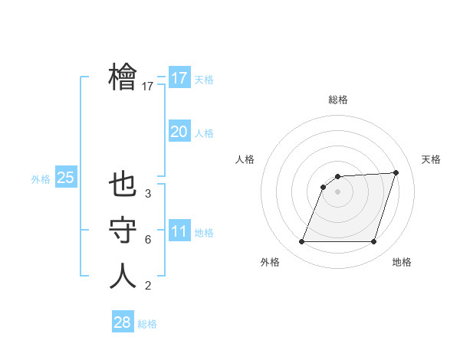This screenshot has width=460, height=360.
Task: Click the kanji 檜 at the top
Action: point(123,77)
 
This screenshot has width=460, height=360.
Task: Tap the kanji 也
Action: point(123,185)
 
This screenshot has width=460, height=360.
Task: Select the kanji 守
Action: point(123,231)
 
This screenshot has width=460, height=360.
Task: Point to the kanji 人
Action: point(123,276)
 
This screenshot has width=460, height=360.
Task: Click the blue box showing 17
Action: point(179,78)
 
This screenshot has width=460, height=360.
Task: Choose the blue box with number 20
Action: point(179,132)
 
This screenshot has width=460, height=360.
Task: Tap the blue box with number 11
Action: point(179,231)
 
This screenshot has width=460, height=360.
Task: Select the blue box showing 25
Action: point(66,178)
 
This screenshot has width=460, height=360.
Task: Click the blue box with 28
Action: point(122,322)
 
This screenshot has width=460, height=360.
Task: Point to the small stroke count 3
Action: point(148,194)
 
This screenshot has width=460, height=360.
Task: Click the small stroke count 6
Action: point(148,240)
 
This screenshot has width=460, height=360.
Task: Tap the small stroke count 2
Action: point(148,286)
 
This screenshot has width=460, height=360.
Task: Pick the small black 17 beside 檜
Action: point(148,87)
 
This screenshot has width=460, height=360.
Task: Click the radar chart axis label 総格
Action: point(337,100)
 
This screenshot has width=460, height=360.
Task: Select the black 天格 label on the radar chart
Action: point(431,159)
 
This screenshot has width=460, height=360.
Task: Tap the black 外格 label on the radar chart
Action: point(270,262)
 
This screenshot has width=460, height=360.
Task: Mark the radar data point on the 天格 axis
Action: point(396,172)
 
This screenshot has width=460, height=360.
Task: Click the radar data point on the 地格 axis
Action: point(373,242)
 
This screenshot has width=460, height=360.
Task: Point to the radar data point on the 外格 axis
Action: point(301,242)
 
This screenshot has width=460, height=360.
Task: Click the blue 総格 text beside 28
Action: point(147,324)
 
